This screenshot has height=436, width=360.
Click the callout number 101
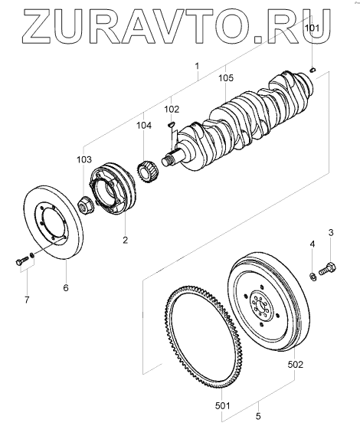pos(313,28)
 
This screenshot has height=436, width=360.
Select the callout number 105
pos(225,78)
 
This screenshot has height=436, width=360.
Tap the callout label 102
pos(172,109)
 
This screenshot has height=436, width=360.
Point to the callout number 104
pos(144,126)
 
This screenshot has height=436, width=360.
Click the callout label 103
pos(84,159)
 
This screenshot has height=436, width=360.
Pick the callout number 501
pos(223,405)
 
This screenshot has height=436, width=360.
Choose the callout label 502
pos(295,364)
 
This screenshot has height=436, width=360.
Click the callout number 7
pos(27,300)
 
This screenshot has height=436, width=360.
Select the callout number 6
pos(66,287)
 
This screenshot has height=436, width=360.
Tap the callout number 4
pos(313,244)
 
